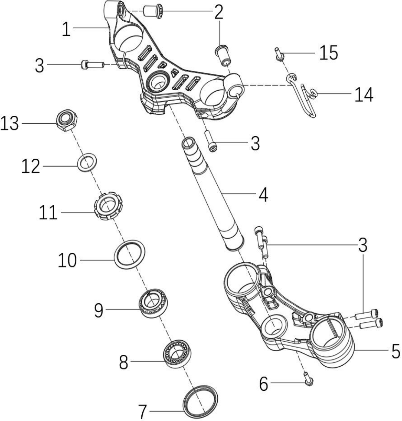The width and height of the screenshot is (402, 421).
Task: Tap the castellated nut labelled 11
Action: tap(108, 206)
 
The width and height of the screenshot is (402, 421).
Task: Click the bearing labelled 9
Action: tap(153, 304)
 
